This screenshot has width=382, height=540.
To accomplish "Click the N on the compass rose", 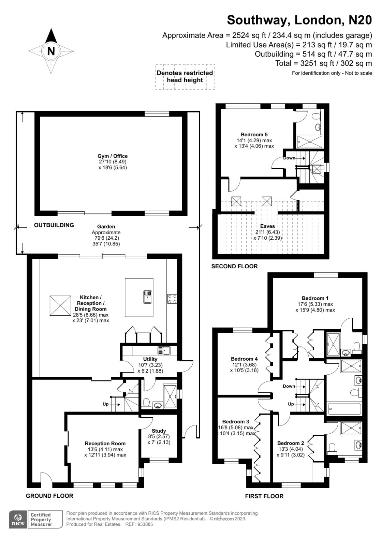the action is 51,51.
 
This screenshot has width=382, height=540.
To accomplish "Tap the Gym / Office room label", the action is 113,156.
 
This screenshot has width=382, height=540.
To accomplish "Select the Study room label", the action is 159,431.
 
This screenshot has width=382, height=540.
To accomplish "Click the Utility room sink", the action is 164,350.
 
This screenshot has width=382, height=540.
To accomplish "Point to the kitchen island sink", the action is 148,297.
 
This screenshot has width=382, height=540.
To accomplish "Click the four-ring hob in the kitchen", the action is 172,299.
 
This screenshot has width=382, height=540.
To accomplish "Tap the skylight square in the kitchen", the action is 60,305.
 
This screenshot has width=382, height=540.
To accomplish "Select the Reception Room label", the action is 105,443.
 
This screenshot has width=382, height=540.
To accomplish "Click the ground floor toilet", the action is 146,403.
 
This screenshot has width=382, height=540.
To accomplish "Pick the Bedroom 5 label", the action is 254,135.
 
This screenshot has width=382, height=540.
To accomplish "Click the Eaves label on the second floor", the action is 267,226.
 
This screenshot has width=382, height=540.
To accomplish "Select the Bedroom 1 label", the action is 315,298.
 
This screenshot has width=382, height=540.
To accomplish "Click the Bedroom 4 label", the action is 244,359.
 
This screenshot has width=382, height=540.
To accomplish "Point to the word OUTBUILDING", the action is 54,225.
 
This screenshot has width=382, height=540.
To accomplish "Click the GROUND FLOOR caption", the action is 49,496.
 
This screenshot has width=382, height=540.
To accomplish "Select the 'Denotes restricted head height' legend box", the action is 185,77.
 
